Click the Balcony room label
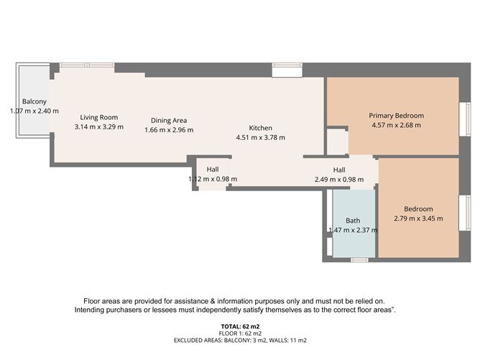click(x=34, y=101)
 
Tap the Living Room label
click(x=99, y=117)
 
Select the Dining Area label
click(x=169, y=120)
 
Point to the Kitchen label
click(x=261, y=128)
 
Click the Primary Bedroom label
click(x=397, y=116)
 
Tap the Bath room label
click(x=353, y=221)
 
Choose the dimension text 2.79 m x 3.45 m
click(x=418, y=218)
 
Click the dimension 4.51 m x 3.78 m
click(x=261, y=137)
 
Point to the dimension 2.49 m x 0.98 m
click(x=339, y=180)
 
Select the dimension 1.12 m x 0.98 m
click(x=213, y=179)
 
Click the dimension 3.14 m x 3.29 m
click(x=99, y=126)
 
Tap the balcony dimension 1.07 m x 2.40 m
click(x=34, y=111)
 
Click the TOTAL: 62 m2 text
click(x=240, y=326)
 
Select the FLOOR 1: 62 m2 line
click(x=240, y=333)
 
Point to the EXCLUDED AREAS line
click(x=240, y=340)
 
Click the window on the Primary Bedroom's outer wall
click(x=466, y=119)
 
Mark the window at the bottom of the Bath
click(x=359, y=260)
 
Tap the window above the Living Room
click(x=87, y=65)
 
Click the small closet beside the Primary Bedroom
click(x=337, y=142)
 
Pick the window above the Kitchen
click(x=287, y=65)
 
